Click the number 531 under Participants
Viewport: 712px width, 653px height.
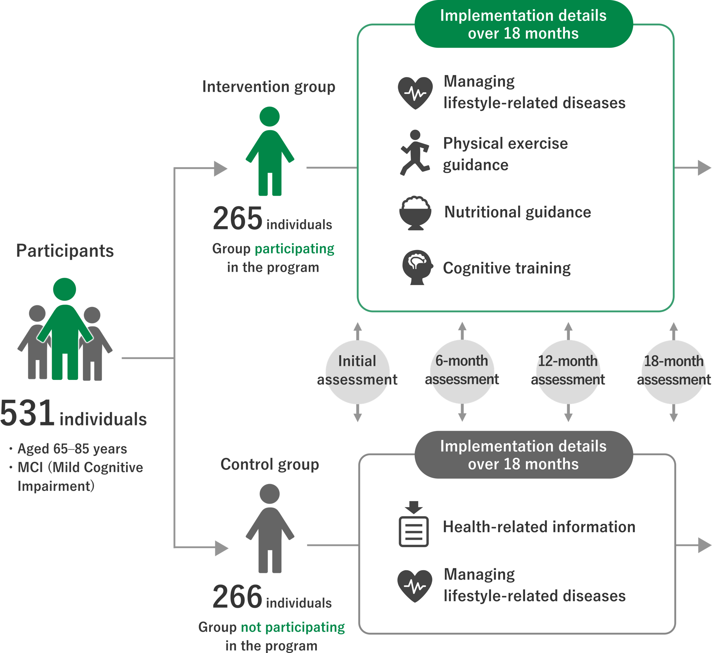point(27,413)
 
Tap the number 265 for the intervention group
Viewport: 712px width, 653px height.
point(237,218)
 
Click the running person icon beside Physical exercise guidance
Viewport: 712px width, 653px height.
point(415,153)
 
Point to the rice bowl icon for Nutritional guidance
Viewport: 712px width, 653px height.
point(415,213)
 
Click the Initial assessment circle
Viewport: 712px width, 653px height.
point(357,372)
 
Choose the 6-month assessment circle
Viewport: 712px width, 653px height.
point(462,372)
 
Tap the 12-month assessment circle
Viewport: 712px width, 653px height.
point(568,372)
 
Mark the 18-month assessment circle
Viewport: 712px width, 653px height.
point(674,372)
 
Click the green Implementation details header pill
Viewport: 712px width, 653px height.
point(523,24)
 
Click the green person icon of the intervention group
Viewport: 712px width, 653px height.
point(270,151)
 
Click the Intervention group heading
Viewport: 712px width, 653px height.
point(269,87)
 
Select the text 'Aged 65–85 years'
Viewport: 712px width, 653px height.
point(72,449)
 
